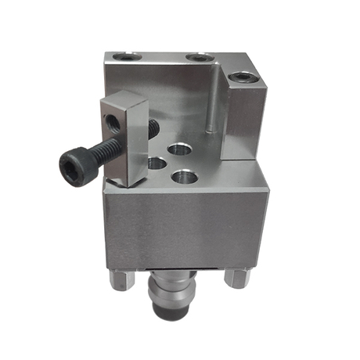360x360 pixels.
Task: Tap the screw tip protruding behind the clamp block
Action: click(x=153, y=124)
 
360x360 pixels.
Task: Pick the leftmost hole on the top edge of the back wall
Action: click(x=125, y=57)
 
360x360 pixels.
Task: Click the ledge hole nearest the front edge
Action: click(x=185, y=176)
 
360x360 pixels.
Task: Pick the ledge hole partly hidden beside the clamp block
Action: click(x=157, y=163)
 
